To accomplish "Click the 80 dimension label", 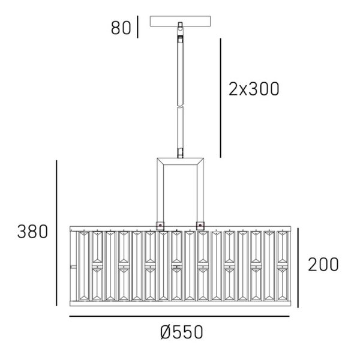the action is tap(121, 28).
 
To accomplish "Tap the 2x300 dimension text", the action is tap(254, 89).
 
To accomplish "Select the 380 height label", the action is tap(32, 232).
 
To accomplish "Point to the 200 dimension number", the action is tap(323, 265).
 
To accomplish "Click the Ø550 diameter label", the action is tap(182, 332).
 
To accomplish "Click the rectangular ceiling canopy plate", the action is tap(180, 21).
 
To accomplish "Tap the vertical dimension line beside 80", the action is tap(137, 27).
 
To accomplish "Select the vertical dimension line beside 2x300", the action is tap(221, 98).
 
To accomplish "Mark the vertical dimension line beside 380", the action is tap(56, 233).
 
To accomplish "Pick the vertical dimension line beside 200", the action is tap(298, 268).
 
